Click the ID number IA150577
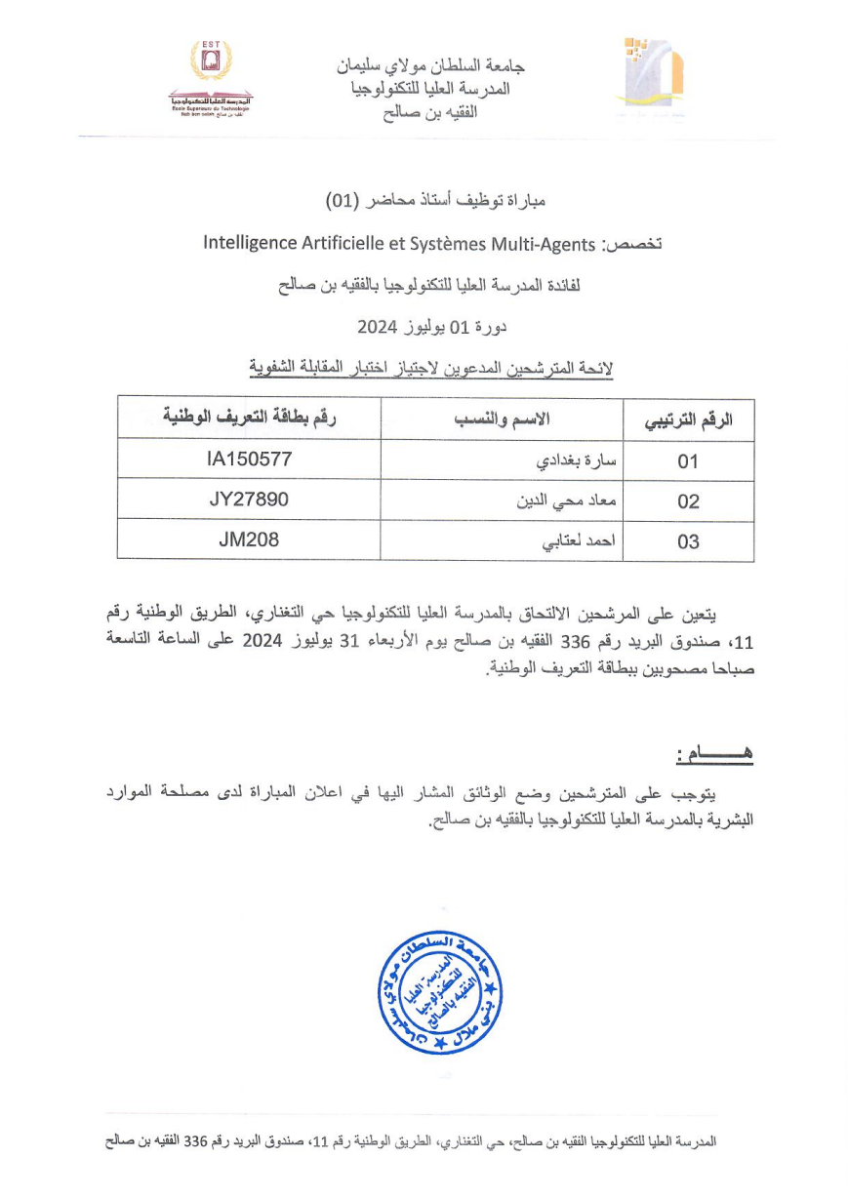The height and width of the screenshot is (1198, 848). point(249,458)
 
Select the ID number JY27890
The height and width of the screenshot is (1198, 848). point(249,499)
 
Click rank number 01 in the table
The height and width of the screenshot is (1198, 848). point(688,461)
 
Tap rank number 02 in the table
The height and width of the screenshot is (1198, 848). point(688,501)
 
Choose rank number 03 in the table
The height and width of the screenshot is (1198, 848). point(688,542)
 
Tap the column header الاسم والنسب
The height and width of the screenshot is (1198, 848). point(501,419)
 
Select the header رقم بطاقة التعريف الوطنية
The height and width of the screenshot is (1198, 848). point(249,418)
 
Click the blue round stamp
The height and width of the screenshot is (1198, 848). point(440,993)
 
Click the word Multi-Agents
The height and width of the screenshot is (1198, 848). point(543,243)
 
